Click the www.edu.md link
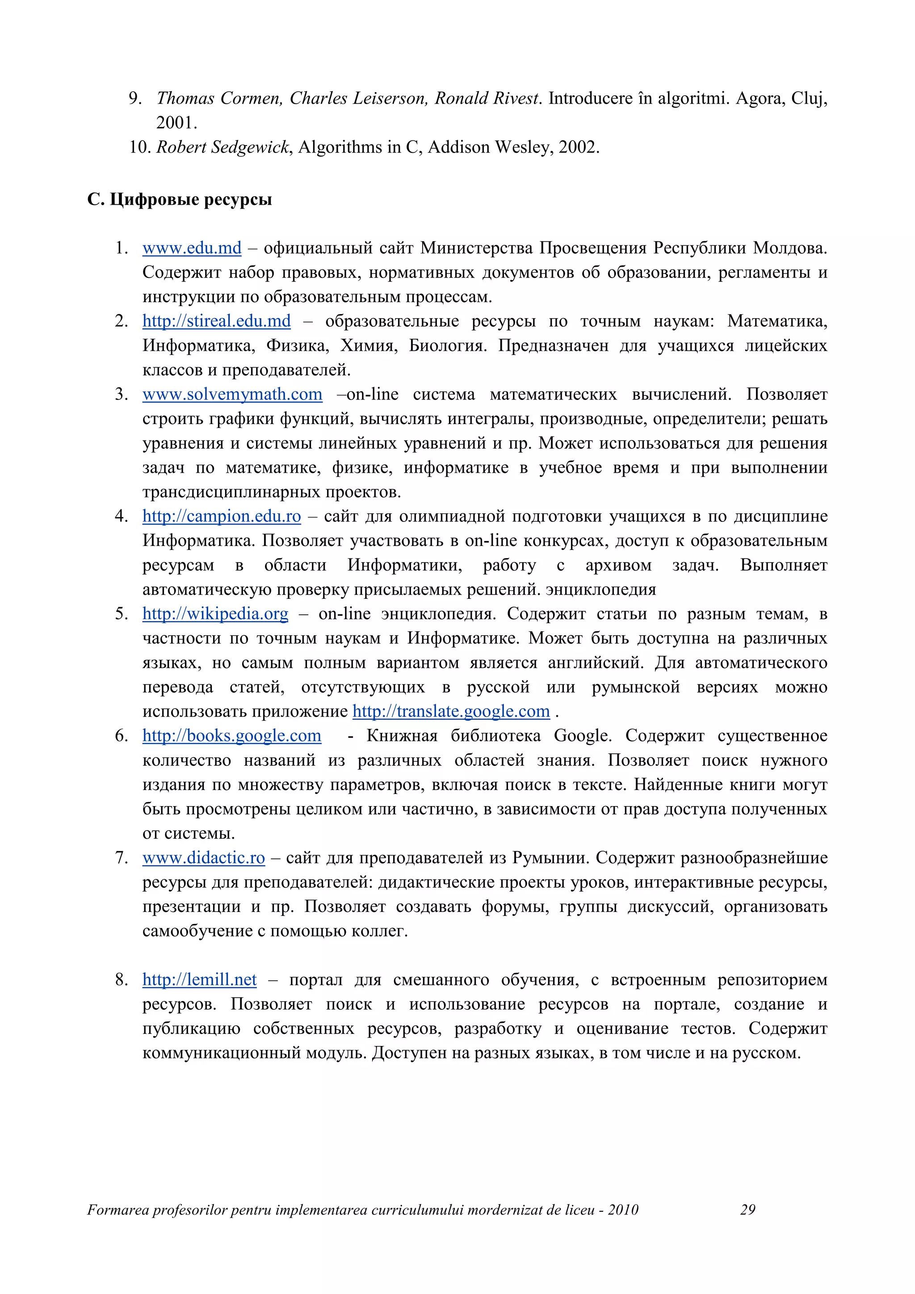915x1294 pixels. coord(192,248)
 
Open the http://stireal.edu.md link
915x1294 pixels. coord(216,321)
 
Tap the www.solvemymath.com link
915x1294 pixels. coord(232,395)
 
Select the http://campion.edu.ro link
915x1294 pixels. coord(222,516)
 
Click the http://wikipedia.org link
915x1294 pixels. coord(215,614)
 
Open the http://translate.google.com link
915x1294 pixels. coord(451,711)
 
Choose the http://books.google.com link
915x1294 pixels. coord(231,736)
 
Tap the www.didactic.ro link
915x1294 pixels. coord(203,858)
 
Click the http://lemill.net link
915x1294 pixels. coord(199,980)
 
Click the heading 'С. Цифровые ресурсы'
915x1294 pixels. coord(179,200)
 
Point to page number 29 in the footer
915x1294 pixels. coord(747,1210)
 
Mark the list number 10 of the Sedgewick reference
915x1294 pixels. coord(139,147)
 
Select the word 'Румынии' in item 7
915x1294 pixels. coord(550,858)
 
